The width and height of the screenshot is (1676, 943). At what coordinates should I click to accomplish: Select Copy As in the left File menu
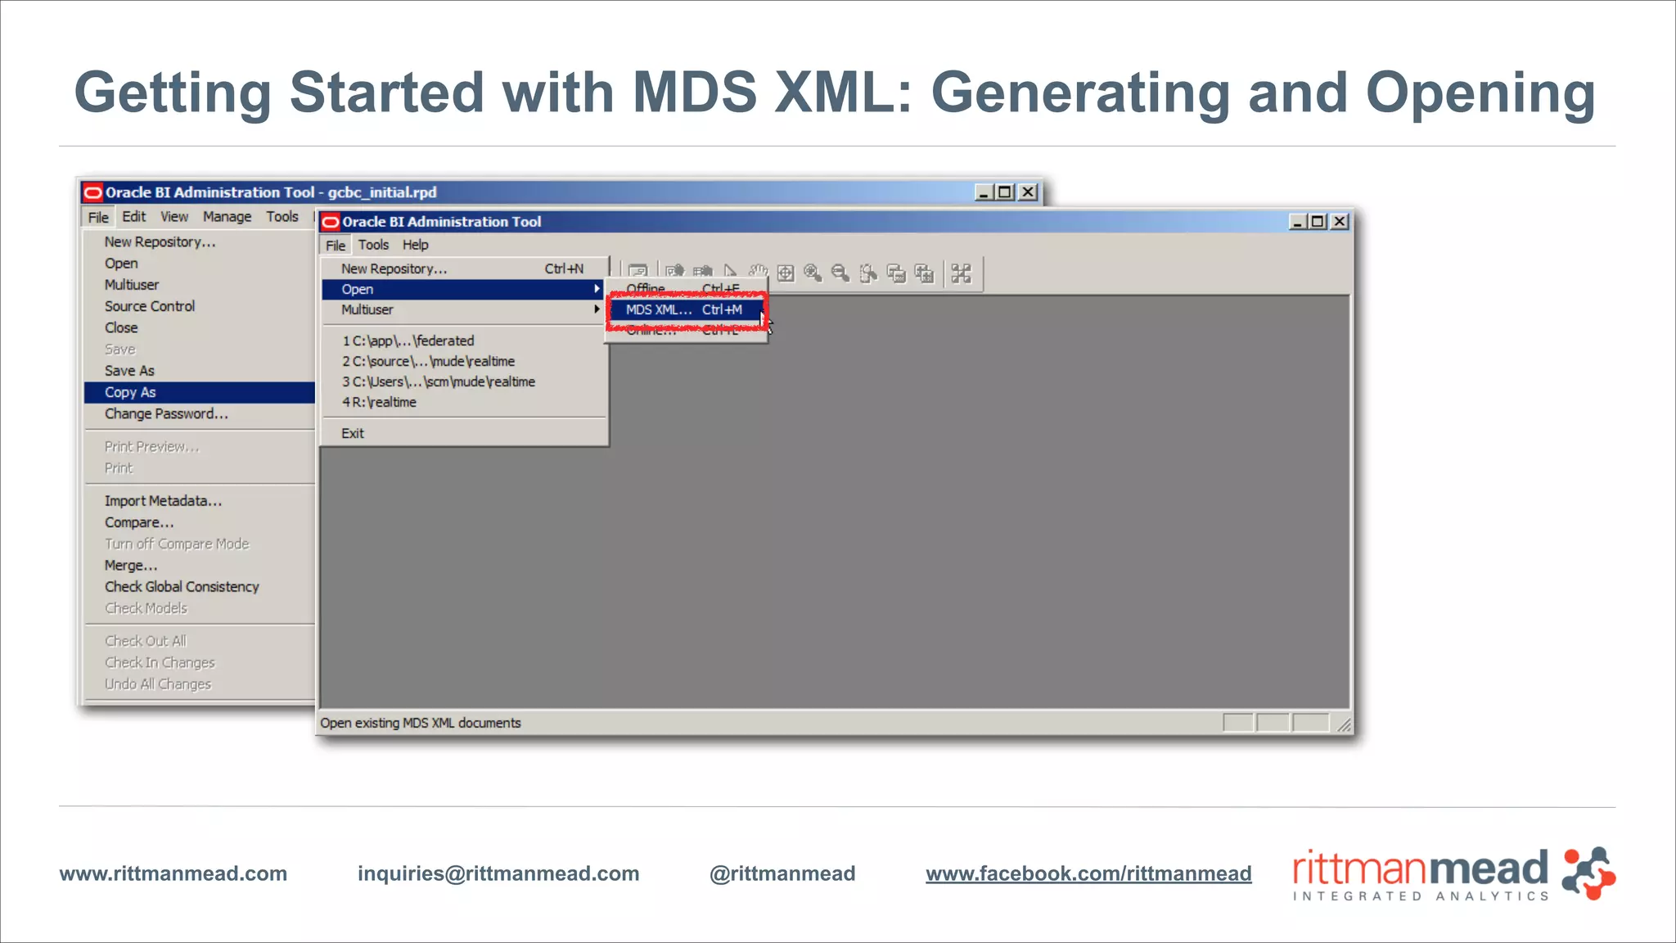coord(130,393)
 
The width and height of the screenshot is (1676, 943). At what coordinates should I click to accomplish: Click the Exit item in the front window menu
coord(353,434)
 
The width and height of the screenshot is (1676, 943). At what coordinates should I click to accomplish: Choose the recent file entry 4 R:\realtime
coord(379,403)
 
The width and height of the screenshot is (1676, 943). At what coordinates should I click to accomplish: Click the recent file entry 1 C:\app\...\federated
coord(408,341)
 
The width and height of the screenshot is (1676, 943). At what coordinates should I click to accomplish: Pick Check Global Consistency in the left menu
coord(182,587)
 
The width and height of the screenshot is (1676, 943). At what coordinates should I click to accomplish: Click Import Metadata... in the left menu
coord(163,501)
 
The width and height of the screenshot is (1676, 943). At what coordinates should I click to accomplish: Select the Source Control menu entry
coord(150,306)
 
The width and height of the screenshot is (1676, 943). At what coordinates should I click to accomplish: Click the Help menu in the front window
coord(415,245)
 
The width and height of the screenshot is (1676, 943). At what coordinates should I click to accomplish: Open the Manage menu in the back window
coord(227,217)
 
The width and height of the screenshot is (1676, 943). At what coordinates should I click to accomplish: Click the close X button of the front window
coord(1340,222)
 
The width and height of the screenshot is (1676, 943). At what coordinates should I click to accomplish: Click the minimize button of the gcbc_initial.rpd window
coord(984,192)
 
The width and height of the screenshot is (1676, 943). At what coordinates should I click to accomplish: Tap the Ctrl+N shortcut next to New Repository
coord(564,268)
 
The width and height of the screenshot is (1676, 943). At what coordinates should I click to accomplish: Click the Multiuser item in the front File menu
coord(367,310)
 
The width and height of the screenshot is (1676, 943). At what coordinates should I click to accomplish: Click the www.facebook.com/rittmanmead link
coord(1088,873)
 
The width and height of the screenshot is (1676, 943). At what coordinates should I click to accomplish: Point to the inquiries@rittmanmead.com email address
coord(498,873)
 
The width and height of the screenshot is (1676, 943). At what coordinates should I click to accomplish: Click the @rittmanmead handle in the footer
coord(782,873)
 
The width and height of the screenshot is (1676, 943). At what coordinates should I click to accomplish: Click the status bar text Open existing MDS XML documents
coord(421,723)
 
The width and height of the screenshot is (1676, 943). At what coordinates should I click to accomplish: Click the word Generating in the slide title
coord(1080,92)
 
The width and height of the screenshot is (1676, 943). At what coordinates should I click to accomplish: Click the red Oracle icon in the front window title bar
coord(331,222)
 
